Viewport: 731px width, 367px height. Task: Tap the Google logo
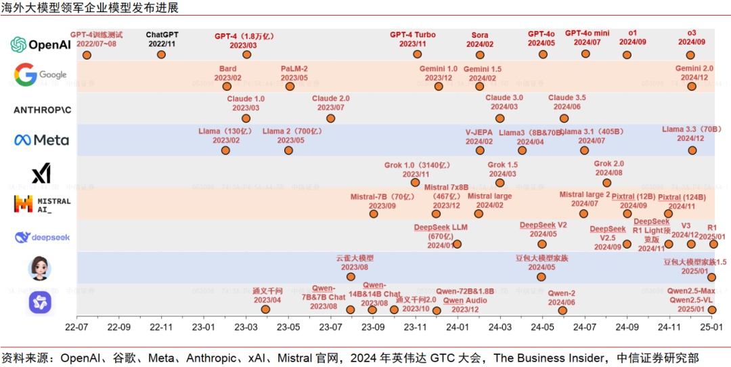(41, 74)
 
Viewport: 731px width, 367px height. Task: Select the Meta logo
(41, 140)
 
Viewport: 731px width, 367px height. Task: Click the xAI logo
(41, 173)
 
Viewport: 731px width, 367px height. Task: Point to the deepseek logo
(41, 237)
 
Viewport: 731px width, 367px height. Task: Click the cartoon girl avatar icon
(39, 268)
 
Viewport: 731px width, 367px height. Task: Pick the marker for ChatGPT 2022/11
(161, 55)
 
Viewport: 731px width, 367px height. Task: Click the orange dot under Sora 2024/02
(480, 55)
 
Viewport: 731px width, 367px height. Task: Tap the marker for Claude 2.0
(330, 118)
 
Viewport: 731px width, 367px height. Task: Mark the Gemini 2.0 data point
(692, 86)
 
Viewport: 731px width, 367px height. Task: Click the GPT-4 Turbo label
(413, 35)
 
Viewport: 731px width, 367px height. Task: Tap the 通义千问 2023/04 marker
(266, 309)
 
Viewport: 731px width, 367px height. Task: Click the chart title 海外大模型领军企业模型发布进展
(91, 8)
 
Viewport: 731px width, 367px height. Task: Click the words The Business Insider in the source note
(550, 357)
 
